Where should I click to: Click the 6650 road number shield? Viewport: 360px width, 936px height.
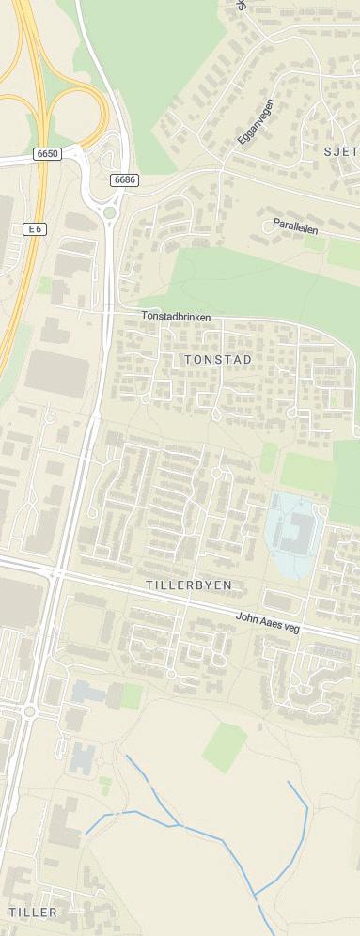(x=46, y=153)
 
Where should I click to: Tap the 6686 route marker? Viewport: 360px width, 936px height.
(x=124, y=179)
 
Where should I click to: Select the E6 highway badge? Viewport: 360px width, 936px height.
(x=36, y=228)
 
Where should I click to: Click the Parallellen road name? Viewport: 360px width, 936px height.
(x=294, y=226)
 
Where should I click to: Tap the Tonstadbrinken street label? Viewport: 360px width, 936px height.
(x=176, y=318)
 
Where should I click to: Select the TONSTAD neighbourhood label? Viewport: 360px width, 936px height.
(x=220, y=360)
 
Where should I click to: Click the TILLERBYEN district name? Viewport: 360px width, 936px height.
(x=189, y=585)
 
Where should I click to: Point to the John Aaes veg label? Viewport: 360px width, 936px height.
(x=268, y=622)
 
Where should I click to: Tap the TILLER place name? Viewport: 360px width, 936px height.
(x=33, y=913)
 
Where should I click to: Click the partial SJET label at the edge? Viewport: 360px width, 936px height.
(x=341, y=150)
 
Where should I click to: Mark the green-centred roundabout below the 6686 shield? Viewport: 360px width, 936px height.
(x=110, y=212)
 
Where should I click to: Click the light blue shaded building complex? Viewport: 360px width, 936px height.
(x=294, y=532)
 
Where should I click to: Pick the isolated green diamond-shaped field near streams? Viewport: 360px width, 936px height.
(x=225, y=747)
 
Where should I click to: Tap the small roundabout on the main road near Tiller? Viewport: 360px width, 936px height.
(x=30, y=711)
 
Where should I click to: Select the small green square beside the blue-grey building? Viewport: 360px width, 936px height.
(x=133, y=696)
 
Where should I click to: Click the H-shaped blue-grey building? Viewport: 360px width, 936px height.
(x=82, y=756)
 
